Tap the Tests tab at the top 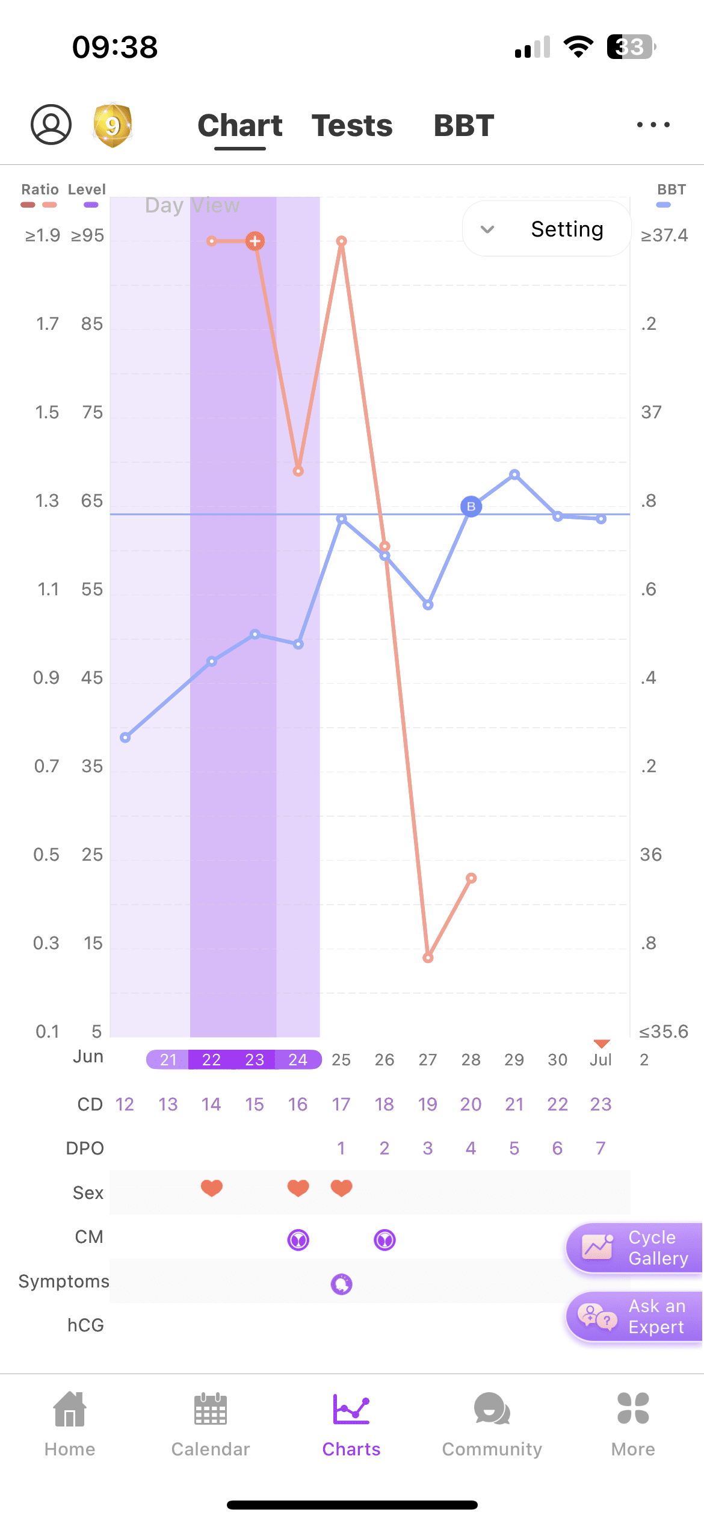coord(352,126)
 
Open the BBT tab coord(463,126)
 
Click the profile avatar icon coord(51,125)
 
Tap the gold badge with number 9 coord(113,125)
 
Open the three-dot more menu coord(653,125)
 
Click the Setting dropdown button coord(546,229)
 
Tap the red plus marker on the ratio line coord(255,241)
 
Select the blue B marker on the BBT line coord(471,507)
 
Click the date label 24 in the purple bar coord(298,1059)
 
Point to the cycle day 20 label coord(471,1104)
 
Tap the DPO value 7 coord(601,1148)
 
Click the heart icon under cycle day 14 coord(212,1188)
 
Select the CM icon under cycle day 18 coord(384,1240)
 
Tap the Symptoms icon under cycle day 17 coord(341,1284)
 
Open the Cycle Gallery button coord(634,1248)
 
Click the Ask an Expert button coord(634,1316)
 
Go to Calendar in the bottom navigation coord(211,1423)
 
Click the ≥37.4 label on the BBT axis coord(664,235)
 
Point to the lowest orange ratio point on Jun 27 coord(428,958)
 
